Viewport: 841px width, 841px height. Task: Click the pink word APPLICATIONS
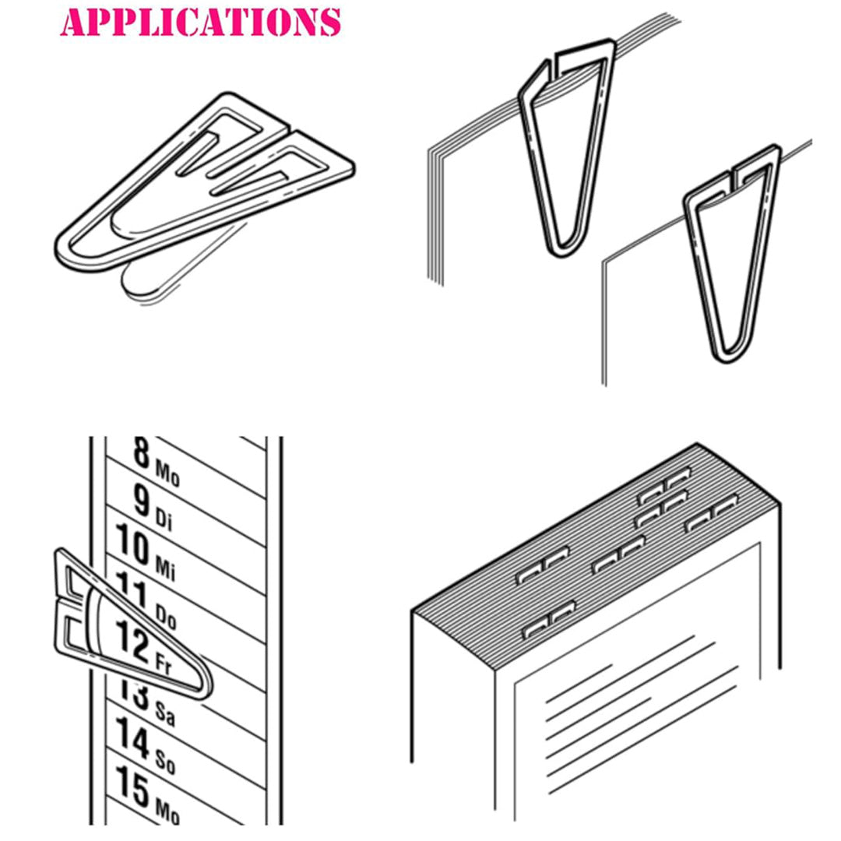click(201, 22)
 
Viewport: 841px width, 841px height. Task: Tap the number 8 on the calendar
click(140, 453)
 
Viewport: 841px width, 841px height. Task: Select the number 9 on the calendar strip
click(141, 500)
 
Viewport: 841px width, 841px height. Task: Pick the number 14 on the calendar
click(133, 737)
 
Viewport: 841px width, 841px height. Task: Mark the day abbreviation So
click(165, 762)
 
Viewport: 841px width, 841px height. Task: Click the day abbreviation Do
click(166, 618)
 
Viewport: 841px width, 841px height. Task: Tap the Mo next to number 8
click(167, 472)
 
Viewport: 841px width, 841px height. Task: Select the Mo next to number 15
click(167, 811)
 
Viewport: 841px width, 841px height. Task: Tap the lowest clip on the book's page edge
click(548, 621)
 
